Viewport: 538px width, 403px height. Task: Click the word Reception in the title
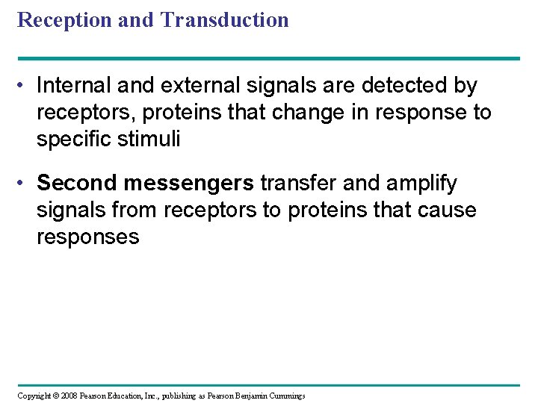pos(65,20)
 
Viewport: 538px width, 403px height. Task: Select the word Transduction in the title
pos(224,20)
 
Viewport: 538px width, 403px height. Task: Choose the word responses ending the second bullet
pos(87,237)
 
